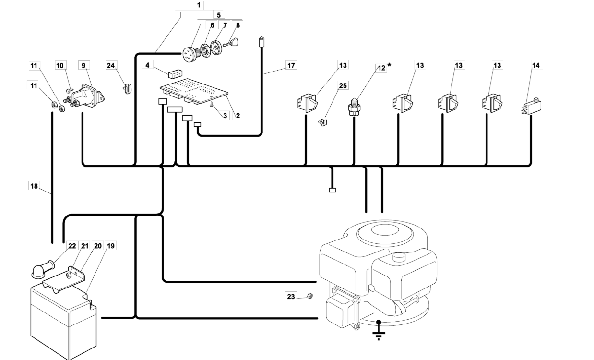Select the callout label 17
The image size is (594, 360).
(x=291, y=65)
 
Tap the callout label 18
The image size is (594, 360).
(x=34, y=186)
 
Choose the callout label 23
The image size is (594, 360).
(x=291, y=297)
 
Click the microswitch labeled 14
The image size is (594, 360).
(x=530, y=104)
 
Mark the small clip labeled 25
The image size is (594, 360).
(x=322, y=122)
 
